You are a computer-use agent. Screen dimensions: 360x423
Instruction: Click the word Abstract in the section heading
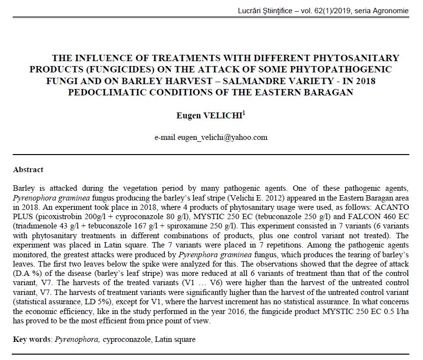28,170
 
